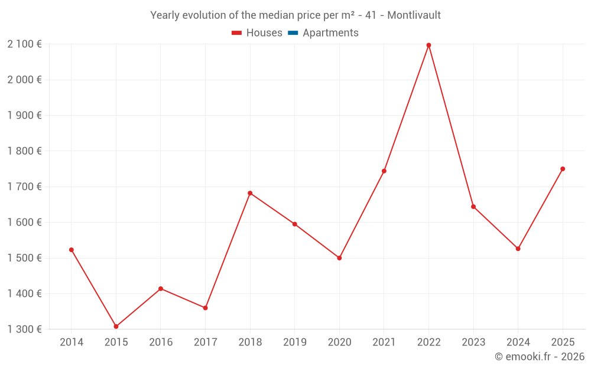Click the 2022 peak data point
428,45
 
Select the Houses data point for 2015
116,326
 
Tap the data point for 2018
250,193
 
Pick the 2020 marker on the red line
339,258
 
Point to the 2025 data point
563,169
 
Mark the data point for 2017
205,308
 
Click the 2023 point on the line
473,207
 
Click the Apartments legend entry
330,33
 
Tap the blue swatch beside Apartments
293,33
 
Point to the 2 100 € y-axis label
24,44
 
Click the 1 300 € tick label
24,329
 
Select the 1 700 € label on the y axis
24,187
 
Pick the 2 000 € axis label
24,80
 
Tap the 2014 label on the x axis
72,342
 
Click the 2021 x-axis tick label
384,342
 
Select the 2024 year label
518,342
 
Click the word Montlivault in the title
414,15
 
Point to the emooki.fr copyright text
539,357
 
